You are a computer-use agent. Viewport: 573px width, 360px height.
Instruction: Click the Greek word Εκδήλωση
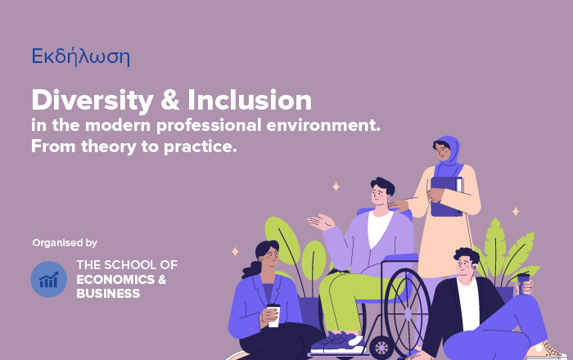tap(81, 57)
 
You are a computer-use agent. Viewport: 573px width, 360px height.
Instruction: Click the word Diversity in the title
tap(92, 101)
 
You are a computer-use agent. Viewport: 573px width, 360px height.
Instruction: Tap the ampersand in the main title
tap(170, 100)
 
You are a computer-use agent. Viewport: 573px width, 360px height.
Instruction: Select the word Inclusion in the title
tap(250, 100)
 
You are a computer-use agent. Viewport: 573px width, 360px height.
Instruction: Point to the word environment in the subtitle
tap(323, 125)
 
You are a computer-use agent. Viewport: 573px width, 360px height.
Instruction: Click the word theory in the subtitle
tap(109, 146)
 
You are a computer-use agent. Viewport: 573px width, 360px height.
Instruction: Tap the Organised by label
tap(65, 243)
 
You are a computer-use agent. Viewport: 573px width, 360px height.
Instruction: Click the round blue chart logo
tap(48, 279)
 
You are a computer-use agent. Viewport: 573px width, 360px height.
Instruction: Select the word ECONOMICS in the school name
tap(115, 280)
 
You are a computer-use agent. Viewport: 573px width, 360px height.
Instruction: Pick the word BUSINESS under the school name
tap(108, 294)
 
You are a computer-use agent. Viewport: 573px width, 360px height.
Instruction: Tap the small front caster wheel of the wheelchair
tap(381, 347)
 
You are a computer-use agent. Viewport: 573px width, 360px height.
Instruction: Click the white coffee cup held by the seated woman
tap(273, 316)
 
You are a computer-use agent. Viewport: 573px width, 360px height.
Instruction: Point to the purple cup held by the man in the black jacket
tap(523, 283)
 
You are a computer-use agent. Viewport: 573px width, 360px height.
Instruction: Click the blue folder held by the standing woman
tap(446, 196)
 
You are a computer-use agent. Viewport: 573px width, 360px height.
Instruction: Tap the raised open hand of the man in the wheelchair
tap(321, 222)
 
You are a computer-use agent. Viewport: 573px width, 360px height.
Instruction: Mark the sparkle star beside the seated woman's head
tap(235, 251)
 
